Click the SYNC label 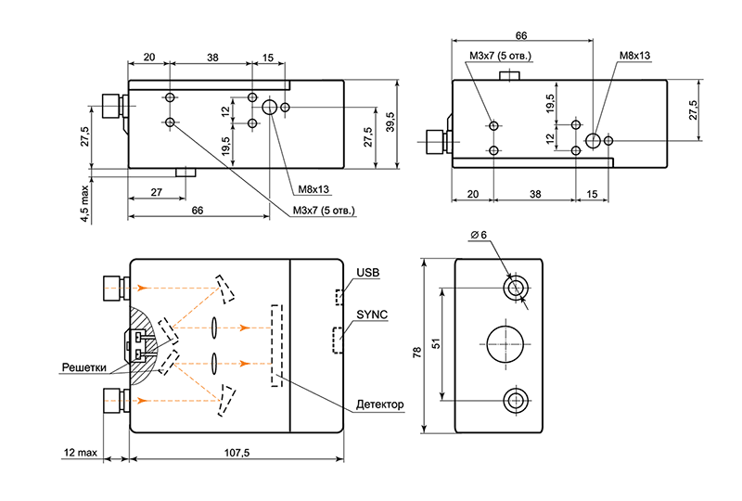(x=370, y=315)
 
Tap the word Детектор (x=380, y=405)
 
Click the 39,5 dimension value (x=390, y=122)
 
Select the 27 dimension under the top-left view (x=156, y=191)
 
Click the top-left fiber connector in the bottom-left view (x=113, y=288)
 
